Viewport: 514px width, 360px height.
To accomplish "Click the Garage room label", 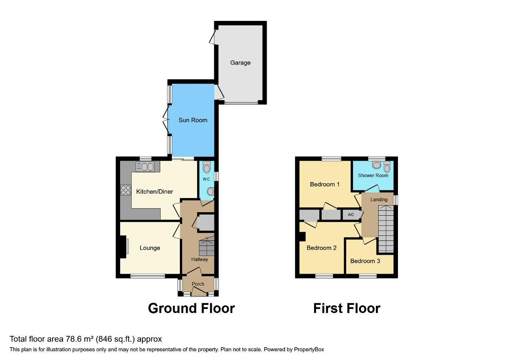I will [240, 63].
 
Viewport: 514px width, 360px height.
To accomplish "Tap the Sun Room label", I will [193, 120].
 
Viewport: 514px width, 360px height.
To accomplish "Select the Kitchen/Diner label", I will [155, 192].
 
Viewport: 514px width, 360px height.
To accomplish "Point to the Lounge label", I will [150, 248].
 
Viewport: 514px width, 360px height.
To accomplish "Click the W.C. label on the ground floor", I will [206, 179].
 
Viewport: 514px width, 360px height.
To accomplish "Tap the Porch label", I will [198, 284].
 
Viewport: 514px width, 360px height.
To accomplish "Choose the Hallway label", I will [200, 259].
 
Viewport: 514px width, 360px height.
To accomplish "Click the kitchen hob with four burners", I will [126, 190].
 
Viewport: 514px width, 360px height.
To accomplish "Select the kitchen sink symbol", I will [147, 166].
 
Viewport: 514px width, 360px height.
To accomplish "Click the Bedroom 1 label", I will [325, 184].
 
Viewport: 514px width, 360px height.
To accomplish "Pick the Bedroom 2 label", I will [322, 248].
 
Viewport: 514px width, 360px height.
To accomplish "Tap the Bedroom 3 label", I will [365, 261].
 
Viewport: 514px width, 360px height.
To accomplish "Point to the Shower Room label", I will [373, 176].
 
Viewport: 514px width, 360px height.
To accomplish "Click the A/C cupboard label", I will [351, 215].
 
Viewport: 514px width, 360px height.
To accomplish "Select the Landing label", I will [379, 200].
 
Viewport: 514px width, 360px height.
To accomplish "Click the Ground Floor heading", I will [191, 308].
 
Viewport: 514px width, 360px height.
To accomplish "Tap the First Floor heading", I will [347, 308].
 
